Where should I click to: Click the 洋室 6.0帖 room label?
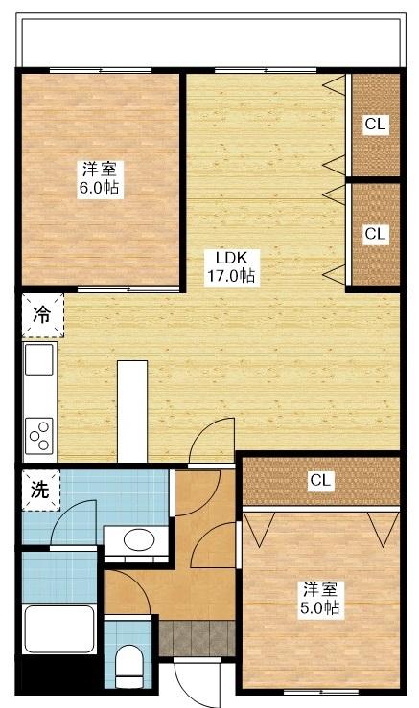pos(100,178)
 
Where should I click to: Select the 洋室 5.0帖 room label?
pos(320,598)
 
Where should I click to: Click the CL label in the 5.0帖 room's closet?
pos(320,481)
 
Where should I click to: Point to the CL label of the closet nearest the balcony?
pos(375,124)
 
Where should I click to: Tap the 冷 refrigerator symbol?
pos(41,314)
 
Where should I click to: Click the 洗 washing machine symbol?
pos(39,491)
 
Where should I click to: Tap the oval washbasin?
pos(139,540)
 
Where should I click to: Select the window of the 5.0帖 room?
pos(319,691)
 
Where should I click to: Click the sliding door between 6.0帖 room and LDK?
pos(129,288)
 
